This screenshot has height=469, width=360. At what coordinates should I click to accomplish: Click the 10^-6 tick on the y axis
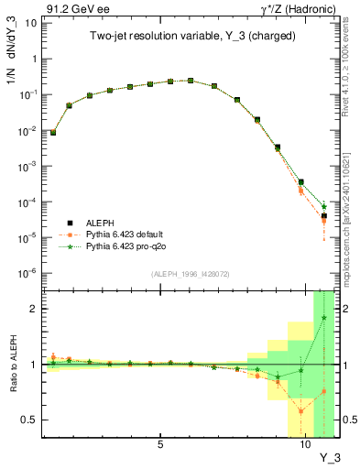coord(29,273)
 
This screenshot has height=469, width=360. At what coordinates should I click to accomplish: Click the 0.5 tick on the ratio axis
coord(31,420)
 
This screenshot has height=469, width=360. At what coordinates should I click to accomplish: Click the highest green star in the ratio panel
coord(324,318)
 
